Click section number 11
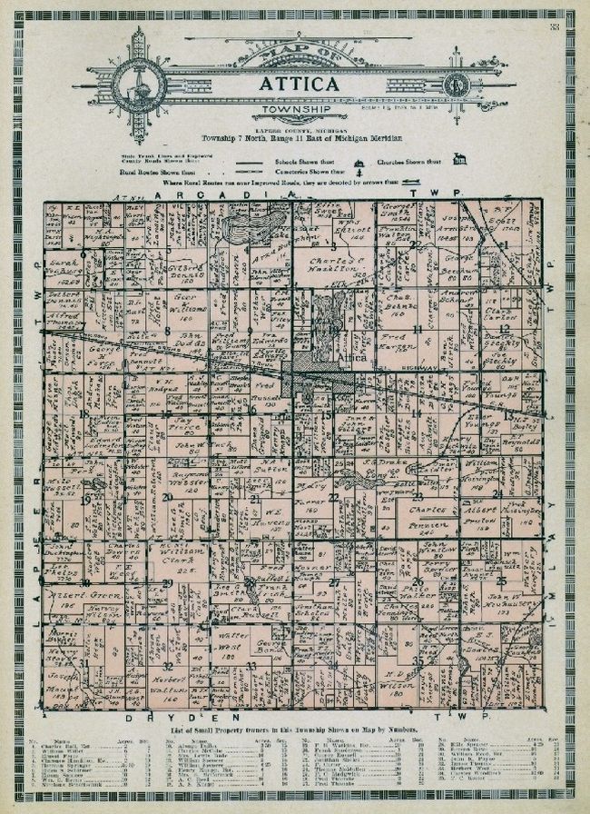pyautogui.click(x=418, y=328)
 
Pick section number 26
pyautogui.click(x=418, y=581)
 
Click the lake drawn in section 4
pyautogui.click(x=248, y=223)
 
